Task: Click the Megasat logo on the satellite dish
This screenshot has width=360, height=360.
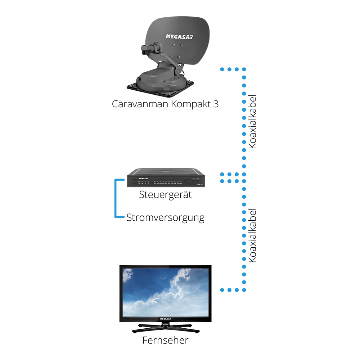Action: click(x=179, y=36)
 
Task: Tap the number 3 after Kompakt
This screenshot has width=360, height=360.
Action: click(x=215, y=104)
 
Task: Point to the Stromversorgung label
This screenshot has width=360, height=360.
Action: click(x=165, y=218)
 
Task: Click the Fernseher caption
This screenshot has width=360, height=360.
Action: click(x=165, y=340)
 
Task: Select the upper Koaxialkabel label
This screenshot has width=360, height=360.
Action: click(x=252, y=122)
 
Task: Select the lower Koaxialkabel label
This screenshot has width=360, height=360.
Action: click(x=252, y=235)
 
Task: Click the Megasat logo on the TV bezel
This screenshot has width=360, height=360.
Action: click(x=165, y=319)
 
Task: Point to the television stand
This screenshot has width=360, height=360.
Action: click(x=165, y=328)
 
